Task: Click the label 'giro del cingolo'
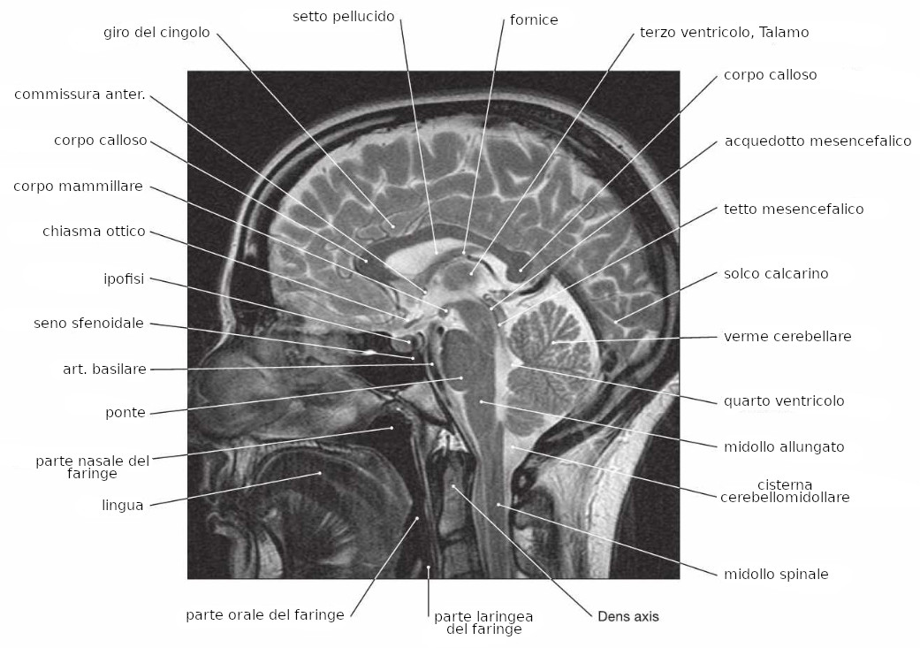(156, 33)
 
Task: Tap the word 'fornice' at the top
(534, 19)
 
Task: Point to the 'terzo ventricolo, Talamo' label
(724, 33)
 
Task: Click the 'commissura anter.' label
(80, 95)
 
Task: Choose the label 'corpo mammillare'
(79, 187)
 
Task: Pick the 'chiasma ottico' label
(94, 232)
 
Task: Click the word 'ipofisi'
(124, 279)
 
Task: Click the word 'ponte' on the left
(125, 412)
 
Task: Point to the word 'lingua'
(123, 506)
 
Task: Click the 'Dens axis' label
(628, 616)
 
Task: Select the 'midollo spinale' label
(776, 575)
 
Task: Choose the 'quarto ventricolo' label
(784, 400)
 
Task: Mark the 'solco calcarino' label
(776, 274)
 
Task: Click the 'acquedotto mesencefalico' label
(817, 141)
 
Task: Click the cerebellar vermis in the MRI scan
(553, 341)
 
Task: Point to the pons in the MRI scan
(460, 362)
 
